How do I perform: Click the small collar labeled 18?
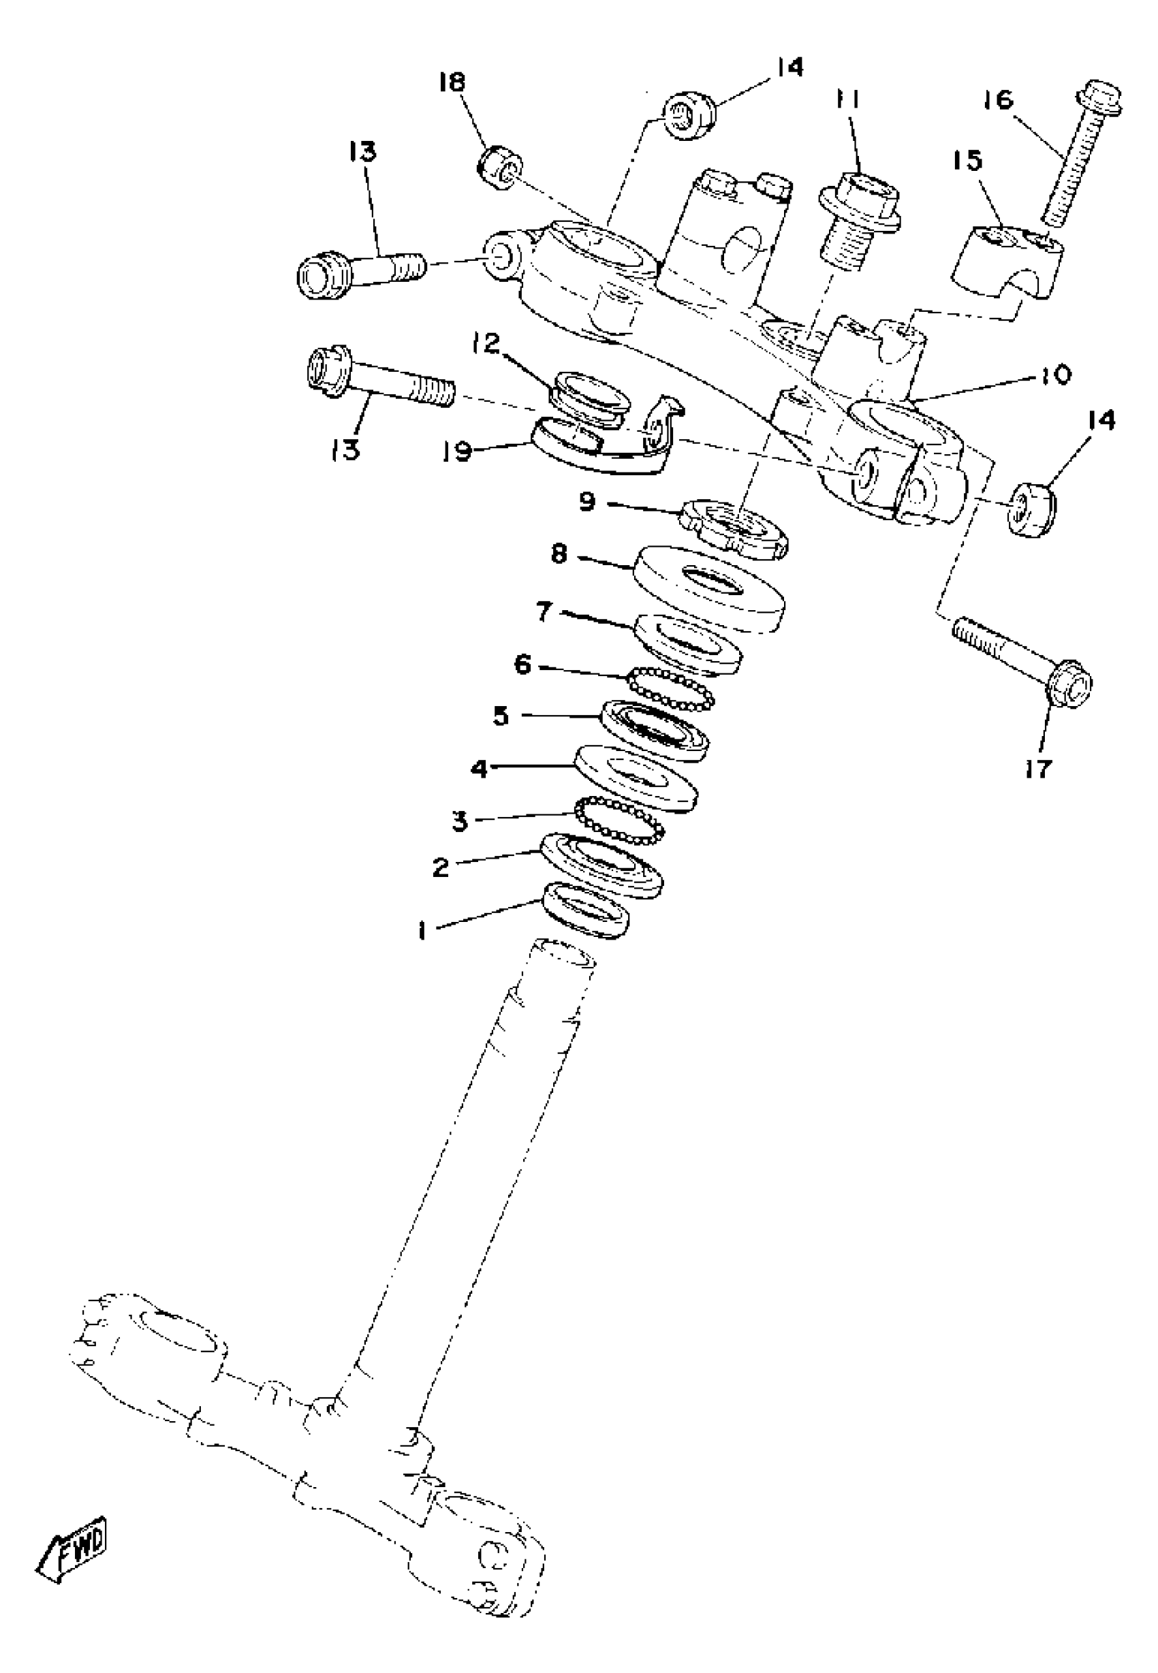click(501, 165)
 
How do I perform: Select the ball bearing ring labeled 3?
click(621, 819)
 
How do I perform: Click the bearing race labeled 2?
click(601, 865)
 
